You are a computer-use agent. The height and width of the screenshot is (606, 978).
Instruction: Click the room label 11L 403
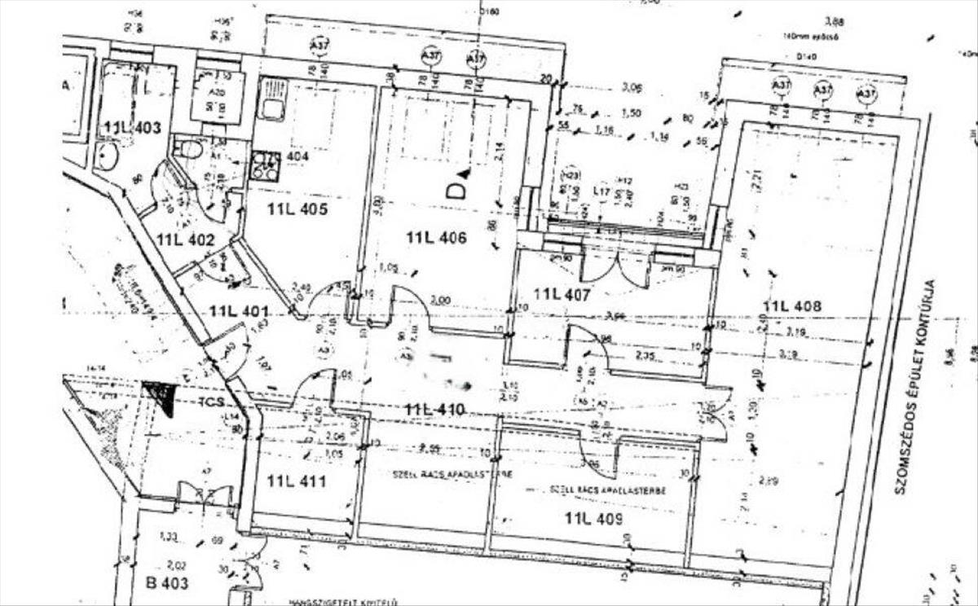[x=133, y=127]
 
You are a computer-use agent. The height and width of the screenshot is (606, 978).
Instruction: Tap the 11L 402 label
[x=186, y=239]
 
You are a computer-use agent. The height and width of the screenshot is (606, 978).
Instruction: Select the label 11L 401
[x=238, y=310]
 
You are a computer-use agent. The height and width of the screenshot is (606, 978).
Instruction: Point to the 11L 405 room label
[x=297, y=209]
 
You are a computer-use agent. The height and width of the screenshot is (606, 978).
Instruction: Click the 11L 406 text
[x=437, y=238]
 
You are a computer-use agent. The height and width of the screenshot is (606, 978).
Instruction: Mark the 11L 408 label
[x=791, y=306]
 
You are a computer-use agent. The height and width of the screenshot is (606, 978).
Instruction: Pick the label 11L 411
[x=296, y=481]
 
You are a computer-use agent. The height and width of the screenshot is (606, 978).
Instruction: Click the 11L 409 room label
[x=594, y=517]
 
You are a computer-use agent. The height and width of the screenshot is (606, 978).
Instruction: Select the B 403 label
[x=167, y=582]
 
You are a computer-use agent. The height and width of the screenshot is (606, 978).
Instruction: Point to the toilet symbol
[x=191, y=149]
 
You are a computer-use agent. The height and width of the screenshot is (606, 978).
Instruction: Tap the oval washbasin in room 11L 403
[x=107, y=156]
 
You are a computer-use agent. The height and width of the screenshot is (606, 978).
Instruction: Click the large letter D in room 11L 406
[x=456, y=191]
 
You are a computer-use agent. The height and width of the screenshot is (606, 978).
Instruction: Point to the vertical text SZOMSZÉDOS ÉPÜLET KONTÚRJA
[x=914, y=386]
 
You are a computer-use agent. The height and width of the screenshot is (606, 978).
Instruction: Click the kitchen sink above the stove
[x=271, y=99]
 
